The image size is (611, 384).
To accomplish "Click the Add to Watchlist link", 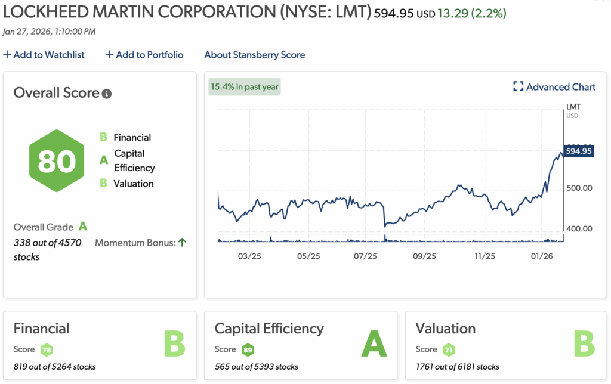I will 44,55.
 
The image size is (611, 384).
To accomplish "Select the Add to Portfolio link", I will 144,55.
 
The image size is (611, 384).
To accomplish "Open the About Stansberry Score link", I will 254,55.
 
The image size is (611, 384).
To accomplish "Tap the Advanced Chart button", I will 554,87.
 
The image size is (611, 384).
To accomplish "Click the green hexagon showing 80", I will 57,161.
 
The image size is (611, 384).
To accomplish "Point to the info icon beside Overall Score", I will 107,94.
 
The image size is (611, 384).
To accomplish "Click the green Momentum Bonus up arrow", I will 182,242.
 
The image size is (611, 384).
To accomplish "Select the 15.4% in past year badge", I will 245,87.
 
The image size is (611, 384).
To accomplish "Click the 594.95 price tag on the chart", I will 578,151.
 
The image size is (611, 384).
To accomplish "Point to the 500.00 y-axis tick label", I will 578,188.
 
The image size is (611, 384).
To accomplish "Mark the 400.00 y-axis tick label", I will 578,228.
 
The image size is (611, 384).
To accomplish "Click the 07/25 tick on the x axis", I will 365,256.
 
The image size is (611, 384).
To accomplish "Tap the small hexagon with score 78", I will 47,349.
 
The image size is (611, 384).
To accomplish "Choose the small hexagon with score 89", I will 248,349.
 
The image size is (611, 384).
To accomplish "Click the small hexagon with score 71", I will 449,349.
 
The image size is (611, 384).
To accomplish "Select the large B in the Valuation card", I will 584,344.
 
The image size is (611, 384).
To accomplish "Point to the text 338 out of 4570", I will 47,243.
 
